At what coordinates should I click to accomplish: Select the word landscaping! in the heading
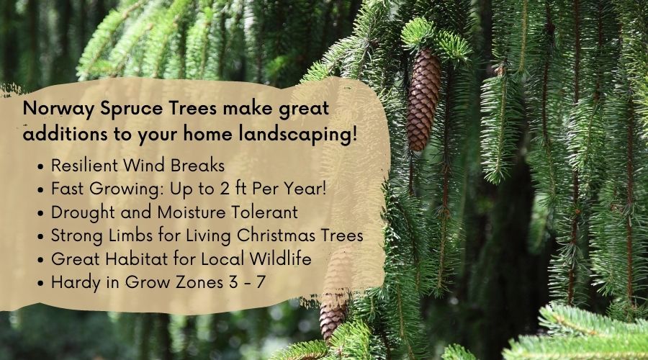tap(298, 135)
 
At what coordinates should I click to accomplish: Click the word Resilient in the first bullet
tap(85, 166)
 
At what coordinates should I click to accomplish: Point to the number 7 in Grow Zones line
tap(260, 283)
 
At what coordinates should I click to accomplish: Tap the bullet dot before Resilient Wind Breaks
tap(40, 167)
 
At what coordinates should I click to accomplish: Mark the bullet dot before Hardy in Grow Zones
tap(40, 284)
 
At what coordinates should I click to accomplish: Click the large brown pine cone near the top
tap(423, 100)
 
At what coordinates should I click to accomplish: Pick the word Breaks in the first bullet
tap(197, 166)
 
